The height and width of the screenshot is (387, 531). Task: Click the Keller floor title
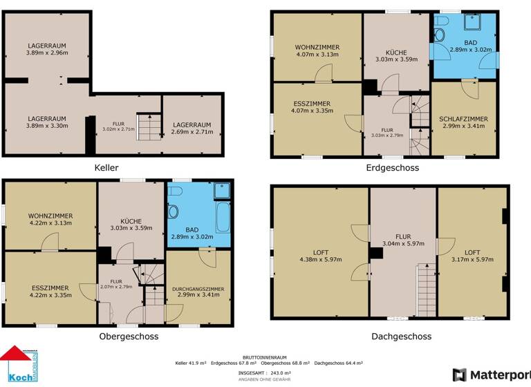pos(106,168)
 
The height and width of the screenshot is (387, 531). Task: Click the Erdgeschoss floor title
pos(392,168)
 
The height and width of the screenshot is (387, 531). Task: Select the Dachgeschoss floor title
pos(402,337)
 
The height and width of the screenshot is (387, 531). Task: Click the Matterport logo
pos(492,375)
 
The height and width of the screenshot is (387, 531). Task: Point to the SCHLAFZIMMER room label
pos(463,119)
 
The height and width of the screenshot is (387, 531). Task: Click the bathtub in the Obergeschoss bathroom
pos(223,216)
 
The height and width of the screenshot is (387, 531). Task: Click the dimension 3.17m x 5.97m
pos(473,260)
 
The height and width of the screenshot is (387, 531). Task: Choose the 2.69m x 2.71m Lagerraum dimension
pos(192,132)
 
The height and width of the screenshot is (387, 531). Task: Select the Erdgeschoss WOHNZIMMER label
pos(317,47)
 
